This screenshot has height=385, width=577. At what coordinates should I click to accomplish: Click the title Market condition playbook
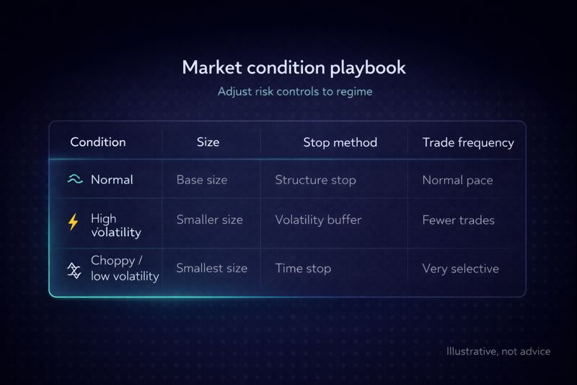294,68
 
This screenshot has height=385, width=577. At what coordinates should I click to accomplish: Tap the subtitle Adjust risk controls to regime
294,92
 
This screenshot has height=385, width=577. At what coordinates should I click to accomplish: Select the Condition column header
97,142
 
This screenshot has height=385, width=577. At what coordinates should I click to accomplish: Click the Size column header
208,142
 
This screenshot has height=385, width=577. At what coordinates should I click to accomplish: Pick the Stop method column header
340,142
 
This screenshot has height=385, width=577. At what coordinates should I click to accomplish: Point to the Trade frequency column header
468,142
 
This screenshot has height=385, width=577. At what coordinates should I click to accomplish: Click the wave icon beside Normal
75,180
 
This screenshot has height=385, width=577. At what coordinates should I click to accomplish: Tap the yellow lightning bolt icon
74,222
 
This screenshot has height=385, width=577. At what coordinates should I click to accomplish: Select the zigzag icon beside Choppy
74,269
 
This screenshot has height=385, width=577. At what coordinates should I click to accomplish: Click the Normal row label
112,180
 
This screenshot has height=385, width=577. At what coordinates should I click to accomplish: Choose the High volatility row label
115,225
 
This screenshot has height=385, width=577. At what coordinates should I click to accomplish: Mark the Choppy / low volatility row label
124,269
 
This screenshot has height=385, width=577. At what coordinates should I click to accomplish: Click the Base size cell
201,180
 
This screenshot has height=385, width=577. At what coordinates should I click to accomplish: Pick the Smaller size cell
209,220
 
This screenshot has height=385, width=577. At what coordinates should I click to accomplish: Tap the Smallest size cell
211,268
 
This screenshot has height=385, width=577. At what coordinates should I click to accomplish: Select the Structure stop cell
315,180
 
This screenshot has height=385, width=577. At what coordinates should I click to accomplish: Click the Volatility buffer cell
318,220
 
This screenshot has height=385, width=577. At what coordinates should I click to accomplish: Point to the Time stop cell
303,268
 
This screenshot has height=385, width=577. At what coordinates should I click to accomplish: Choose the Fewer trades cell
458,220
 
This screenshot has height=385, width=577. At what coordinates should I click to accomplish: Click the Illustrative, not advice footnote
498,352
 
